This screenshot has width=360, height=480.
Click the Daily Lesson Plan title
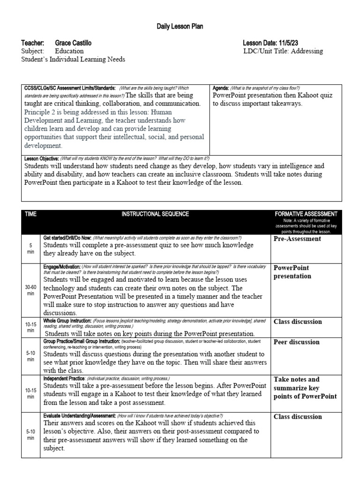pyautogui.click(x=180, y=27)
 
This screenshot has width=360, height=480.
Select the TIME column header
pyautogui.click(x=30, y=214)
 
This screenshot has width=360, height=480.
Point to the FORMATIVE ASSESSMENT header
pyautogui.click(x=306, y=214)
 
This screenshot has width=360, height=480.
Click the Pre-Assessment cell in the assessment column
pyautogui.click(x=297, y=239)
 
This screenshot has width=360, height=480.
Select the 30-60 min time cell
pyautogui.click(x=30, y=290)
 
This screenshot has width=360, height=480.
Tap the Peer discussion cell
pyautogui.click(x=296, y=342)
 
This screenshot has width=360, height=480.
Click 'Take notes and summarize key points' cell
pyautogui.click(x=305, y=388)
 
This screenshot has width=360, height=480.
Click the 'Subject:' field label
pyautogui.click(x=32, y=51)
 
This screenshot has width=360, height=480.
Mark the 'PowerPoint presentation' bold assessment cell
pyautogui.click(x=292, y=272)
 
